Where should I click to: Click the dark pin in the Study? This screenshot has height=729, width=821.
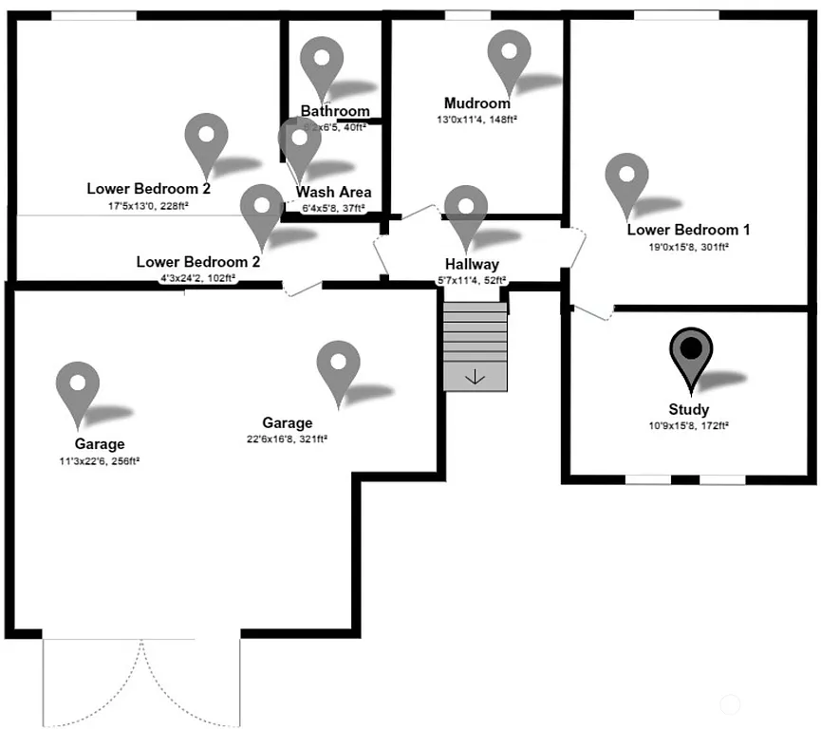click(692, 351)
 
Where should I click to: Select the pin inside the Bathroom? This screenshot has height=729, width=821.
click(322, 61)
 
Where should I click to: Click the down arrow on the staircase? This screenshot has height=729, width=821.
click(475, 377)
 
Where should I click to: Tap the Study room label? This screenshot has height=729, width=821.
click(688, 410)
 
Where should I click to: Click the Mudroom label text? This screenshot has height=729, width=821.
click(476, 103)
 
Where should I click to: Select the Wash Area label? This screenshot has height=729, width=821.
click(333, 193)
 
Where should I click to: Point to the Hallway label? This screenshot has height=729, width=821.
click(472, 264)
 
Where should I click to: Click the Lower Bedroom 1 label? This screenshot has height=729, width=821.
click(688, 230)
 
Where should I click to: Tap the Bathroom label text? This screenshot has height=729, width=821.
click(335, 111)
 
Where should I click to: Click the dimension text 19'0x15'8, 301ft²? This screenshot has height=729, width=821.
click(688, 247)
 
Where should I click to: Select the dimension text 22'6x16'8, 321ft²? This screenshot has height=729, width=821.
click(288, 439)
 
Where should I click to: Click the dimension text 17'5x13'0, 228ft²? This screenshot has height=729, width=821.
click(148, 205)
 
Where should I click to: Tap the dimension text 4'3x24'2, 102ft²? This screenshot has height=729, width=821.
click(197, 278)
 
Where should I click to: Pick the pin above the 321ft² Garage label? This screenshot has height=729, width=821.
click(338, 364)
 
